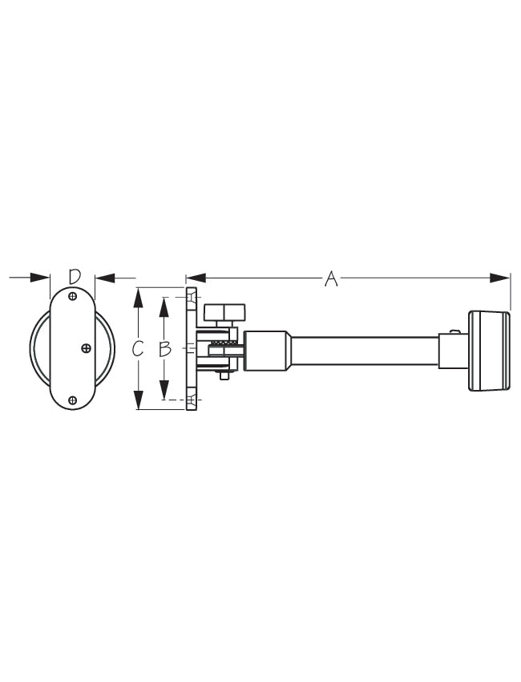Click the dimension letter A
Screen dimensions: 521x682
click(331, 278)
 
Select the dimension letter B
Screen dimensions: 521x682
click(164, 349)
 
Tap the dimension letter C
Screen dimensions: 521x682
click(138, 349)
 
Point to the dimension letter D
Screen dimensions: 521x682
click(75, 277)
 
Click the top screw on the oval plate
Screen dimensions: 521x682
click(73, 297)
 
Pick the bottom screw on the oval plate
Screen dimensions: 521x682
click(73, 400)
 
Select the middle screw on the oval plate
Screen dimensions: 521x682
click(86, 348)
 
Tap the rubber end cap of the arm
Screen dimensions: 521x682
click(489, 351)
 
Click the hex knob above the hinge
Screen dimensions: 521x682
click(224, 312)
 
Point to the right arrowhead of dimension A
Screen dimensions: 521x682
click(499, 278)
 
